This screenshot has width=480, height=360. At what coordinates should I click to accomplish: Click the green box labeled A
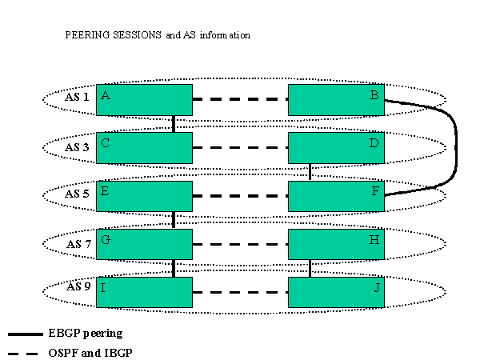click(x=144, y=100)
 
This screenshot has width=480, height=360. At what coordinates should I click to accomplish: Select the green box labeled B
click(x=336, y=100)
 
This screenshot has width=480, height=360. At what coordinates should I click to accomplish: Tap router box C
click(x=144, y=148)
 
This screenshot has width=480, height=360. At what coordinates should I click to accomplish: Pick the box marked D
click(x=336, y=148)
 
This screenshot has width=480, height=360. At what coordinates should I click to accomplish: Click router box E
click(x=144, y=196)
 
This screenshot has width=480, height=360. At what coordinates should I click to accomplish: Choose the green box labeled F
click(x=336, y=196)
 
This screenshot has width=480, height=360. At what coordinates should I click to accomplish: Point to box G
click(x=144, y=244)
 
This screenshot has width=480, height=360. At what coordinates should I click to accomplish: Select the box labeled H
click(x=336, y=244)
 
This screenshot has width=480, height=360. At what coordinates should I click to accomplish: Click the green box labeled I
click(x=144, y=292)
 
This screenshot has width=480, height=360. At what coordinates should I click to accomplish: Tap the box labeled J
click(x=336, y=292)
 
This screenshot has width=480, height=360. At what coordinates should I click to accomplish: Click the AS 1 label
click(x=77, y=98)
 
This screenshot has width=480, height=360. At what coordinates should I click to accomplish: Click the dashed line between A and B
click(x=240, y=100)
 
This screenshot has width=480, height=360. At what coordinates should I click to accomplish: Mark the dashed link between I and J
click(x=240, y=293)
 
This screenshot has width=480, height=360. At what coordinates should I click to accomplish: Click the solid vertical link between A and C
click(x=174, y=124)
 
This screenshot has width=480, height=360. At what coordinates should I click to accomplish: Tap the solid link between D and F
click(x=310, y=172)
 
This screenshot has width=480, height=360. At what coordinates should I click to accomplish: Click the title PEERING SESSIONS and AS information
click(x=158, y=35)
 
